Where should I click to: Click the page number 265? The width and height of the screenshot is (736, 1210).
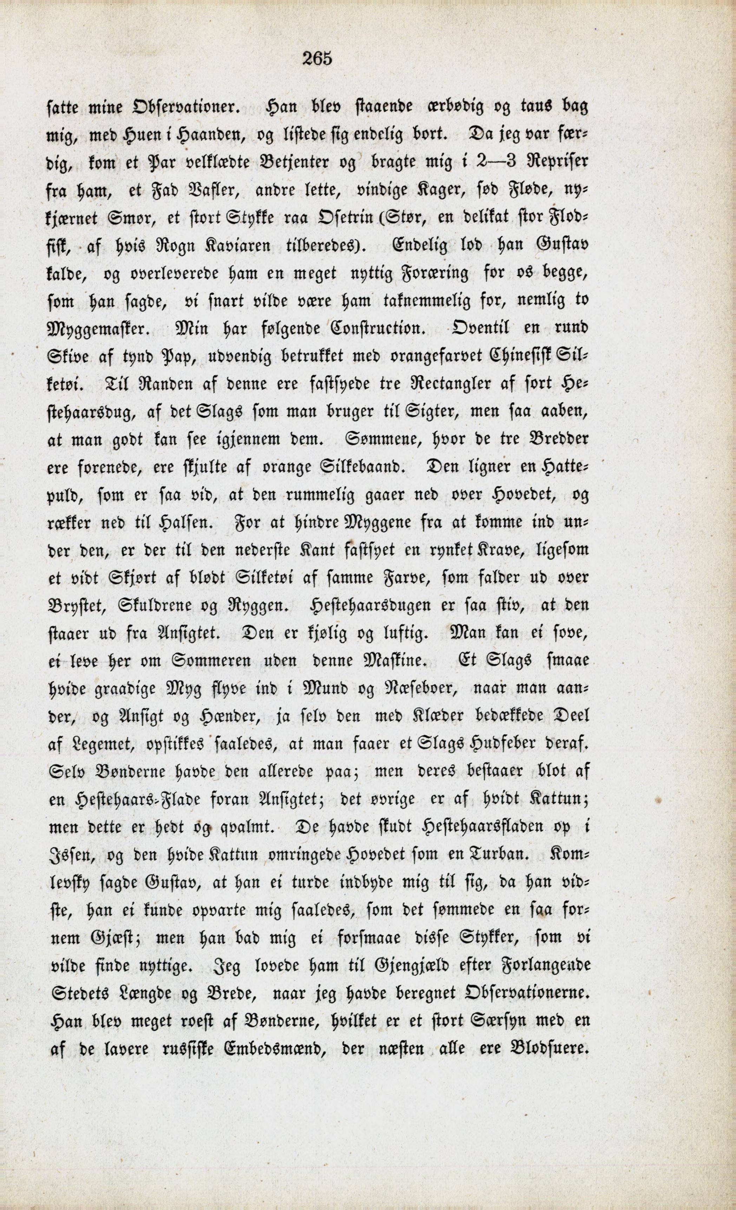tap(317, 59)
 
